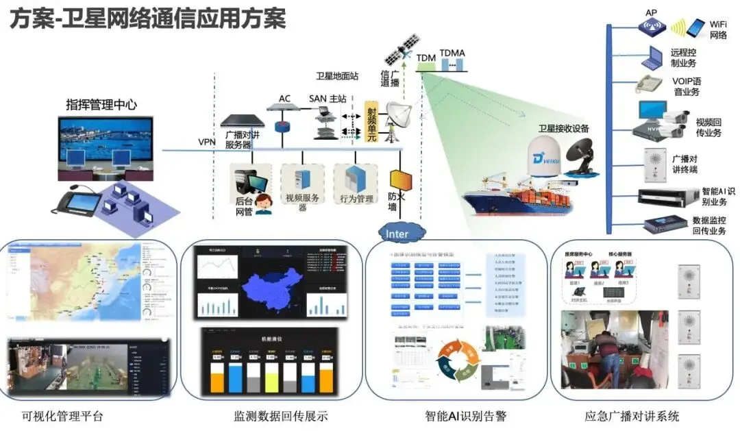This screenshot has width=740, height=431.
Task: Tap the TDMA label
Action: [x=452, y=53]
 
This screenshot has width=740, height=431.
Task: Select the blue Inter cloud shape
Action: [x=398, y=234]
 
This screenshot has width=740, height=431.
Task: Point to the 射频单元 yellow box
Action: [x=371, y=121]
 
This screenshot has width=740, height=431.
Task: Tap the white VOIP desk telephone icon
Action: [x=647, y=84]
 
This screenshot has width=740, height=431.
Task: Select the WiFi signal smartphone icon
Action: [x=695, y=28]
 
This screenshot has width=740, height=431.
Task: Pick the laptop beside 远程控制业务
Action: [x=651, y=58]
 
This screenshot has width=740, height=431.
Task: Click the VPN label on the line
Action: [x=207, y=142]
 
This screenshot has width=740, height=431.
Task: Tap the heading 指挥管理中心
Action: [x=101, y=105]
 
